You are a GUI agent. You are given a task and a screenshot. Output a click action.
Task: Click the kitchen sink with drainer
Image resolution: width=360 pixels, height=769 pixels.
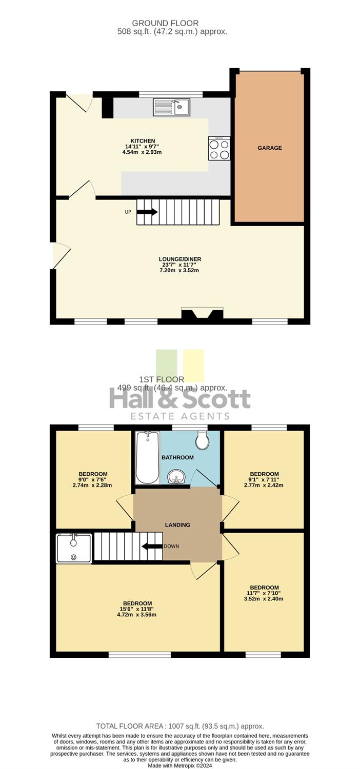(171, 107)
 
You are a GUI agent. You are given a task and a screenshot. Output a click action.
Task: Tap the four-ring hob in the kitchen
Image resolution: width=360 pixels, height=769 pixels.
(219, 148)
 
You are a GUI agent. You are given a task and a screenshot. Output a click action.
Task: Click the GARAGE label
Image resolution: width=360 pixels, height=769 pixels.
(270, 148)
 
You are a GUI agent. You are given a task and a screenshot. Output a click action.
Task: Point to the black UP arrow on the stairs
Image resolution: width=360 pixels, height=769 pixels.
(147, 212)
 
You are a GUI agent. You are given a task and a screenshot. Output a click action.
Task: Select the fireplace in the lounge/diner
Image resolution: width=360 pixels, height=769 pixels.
(203, 314)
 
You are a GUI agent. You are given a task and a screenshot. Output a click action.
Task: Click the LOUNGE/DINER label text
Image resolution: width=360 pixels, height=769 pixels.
(180, 259)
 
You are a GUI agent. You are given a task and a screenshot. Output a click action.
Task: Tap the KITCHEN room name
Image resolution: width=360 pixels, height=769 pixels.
(143, 141)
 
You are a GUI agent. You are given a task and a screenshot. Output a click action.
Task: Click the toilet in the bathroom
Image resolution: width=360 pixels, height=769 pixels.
(203, 440)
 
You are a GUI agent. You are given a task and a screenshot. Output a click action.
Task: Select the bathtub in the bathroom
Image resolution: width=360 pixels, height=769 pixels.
(148, 458)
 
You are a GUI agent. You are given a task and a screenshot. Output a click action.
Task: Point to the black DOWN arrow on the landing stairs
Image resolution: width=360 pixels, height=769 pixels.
(152, 546)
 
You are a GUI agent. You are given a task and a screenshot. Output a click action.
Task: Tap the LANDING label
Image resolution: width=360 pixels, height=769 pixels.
(177, 525)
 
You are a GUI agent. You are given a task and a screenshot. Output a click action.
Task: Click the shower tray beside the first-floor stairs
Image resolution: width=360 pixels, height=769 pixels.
(74, 548)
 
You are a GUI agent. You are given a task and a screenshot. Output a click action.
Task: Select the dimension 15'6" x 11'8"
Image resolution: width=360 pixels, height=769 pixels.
(138, 610)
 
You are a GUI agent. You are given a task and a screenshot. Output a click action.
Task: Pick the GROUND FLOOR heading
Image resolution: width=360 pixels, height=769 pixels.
(165, 24)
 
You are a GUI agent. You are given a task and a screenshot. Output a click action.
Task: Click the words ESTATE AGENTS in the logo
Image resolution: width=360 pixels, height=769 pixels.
(180, 416)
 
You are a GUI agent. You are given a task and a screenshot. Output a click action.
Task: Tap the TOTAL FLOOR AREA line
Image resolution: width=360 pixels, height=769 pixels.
(180, 726)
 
